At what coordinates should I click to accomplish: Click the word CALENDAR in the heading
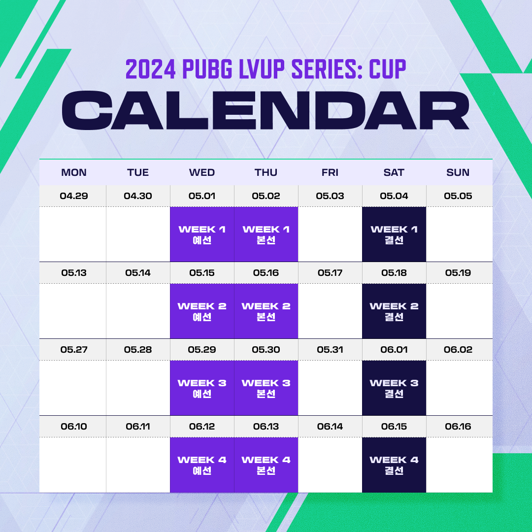point(266,110)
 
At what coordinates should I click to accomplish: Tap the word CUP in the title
point(387,69)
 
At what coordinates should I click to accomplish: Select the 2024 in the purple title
point(151,69)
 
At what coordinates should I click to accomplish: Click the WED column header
point(202,172)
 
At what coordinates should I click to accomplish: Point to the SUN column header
point(458,172)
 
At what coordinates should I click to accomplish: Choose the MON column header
point(73,172)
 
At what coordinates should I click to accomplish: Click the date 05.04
point(394,196)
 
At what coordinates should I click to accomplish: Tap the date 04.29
point(73,196)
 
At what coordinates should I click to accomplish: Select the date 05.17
point(330,273)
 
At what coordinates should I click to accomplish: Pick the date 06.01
point(394,349)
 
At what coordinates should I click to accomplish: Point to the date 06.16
point(458,427)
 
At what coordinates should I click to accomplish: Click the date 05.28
point(138,349)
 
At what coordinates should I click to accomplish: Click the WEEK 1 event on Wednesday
point(202,234)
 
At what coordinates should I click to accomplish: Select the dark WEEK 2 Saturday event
point(394,311)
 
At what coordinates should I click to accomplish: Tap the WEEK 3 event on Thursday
point(266,388)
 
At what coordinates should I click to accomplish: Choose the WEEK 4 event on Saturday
point(394,465)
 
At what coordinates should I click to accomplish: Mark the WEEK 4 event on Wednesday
point(202,465)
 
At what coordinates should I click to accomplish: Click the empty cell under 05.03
point(330,234)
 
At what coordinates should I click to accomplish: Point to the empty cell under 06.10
point(72,465)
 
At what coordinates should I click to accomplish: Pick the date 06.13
point(266,427)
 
